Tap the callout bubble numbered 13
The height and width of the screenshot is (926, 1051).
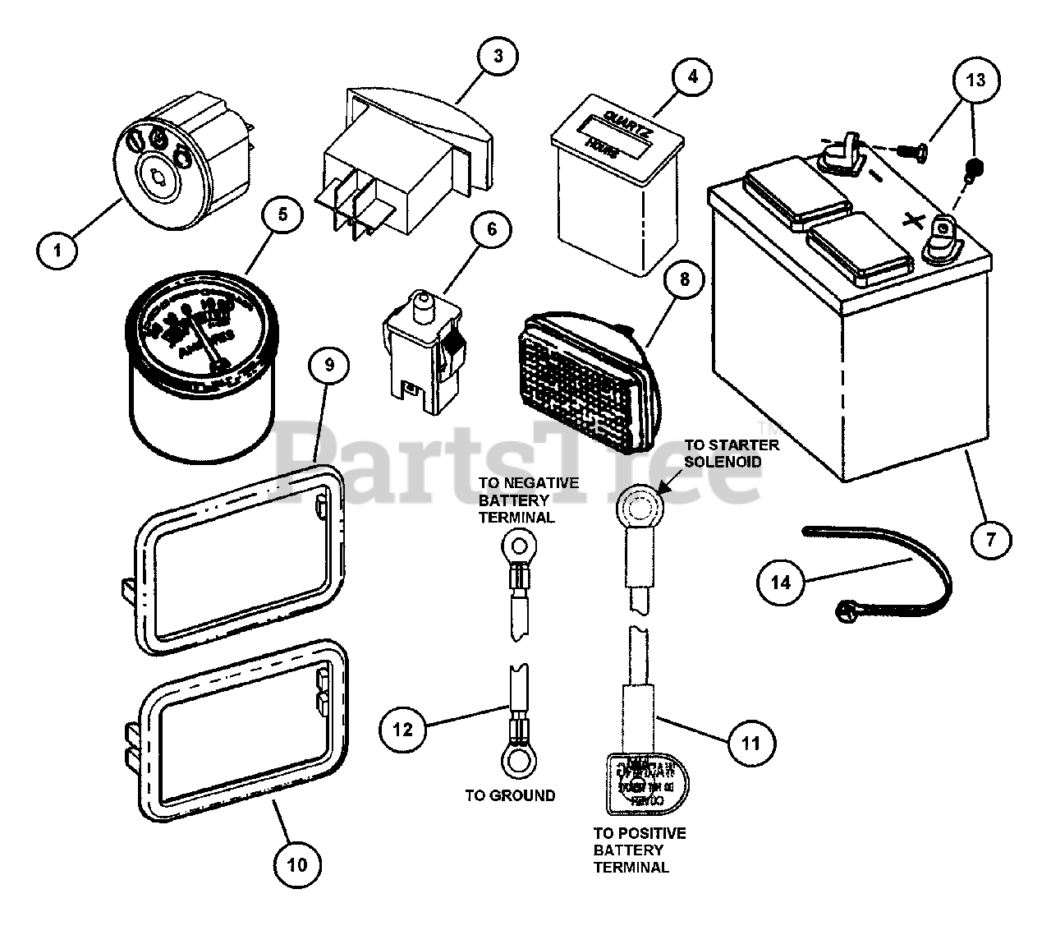(x=975, y=81)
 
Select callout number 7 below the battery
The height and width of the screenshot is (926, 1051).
(x=990, y=540)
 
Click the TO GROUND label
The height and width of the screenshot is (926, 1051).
(x=510, y=795)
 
